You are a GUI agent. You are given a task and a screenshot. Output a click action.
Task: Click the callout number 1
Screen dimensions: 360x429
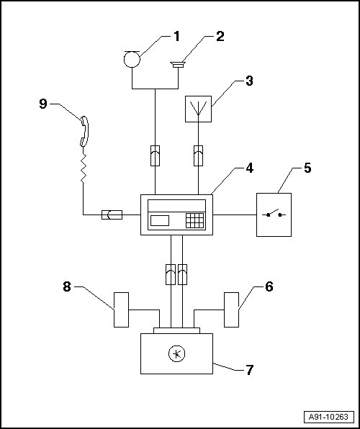[x=176, y=37]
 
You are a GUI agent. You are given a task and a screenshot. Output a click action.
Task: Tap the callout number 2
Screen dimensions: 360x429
[x=220, y=37]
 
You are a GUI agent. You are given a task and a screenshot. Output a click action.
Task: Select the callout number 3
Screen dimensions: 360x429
[x=249, y=81]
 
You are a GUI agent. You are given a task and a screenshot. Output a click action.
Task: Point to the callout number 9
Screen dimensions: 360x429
[x=43, y=104]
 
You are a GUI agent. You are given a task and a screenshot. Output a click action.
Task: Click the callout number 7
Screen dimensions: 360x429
[x=249, y=370]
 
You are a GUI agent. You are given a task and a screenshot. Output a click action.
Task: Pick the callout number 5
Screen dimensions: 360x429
[x=307, y=168]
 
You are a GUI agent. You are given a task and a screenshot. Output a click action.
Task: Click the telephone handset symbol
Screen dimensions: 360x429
[x=84, y=131]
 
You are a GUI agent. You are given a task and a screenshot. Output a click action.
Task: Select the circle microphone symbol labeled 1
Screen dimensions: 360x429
[x=132, y=59]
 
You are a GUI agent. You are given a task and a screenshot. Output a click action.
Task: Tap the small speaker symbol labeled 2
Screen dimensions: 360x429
[x=178, y=65]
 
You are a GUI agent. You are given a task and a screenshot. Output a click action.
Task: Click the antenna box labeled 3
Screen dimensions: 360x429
[x=198, y=109]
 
